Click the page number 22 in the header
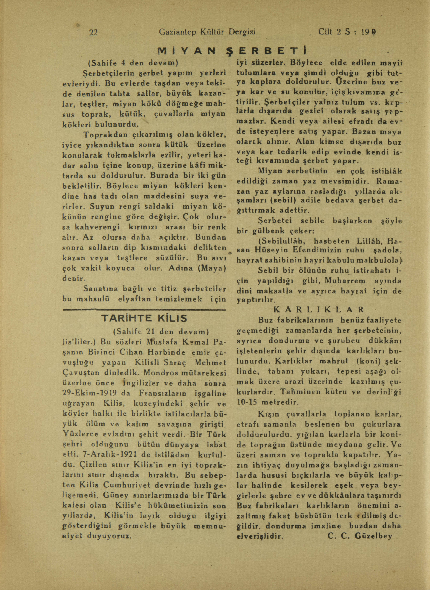coord(93,32)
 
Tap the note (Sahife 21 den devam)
coord(161,332)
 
